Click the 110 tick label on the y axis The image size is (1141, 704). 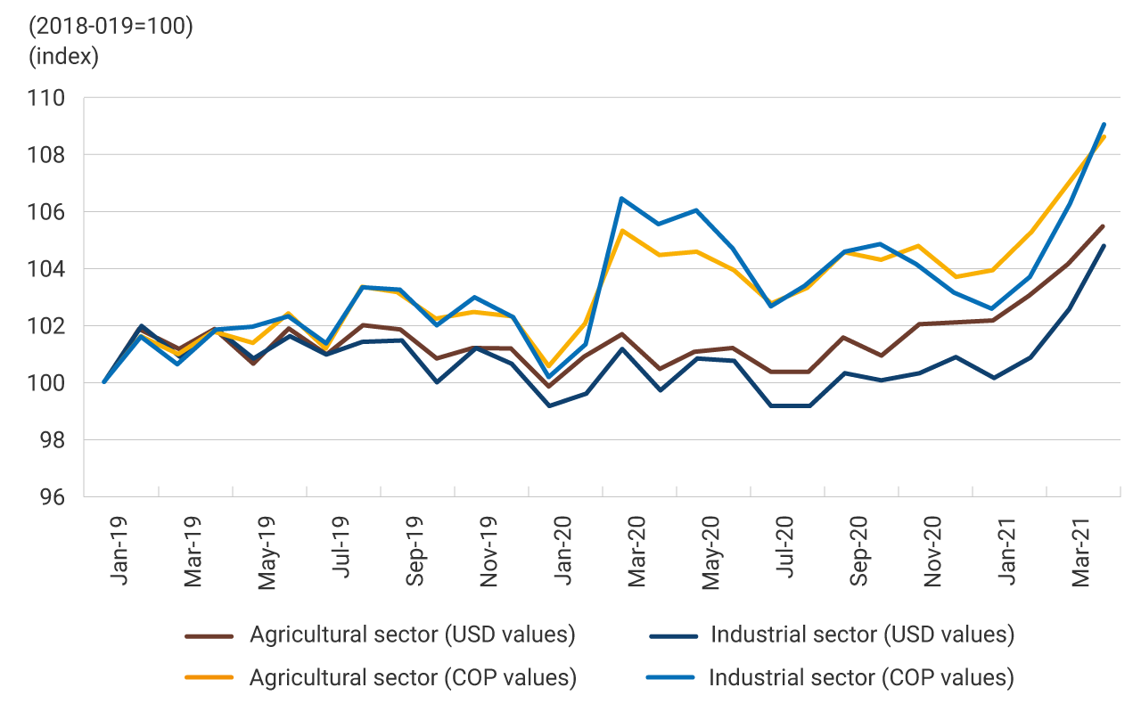point(46,98)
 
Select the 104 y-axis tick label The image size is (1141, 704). point(46,269)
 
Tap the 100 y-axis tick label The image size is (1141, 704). point(46,383)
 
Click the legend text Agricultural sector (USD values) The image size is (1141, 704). point(413,635)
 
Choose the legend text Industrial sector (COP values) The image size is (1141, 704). point(861,677)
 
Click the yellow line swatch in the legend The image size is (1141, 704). point(209,678)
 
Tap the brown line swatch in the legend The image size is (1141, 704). point(209,636)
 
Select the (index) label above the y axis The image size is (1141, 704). point(63,56)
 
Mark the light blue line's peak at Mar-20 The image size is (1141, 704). point(621,199)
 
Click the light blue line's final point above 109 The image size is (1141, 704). point(1104,125)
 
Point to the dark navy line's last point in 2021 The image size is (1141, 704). point(1104,246)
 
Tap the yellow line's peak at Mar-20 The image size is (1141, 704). point(621,231)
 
